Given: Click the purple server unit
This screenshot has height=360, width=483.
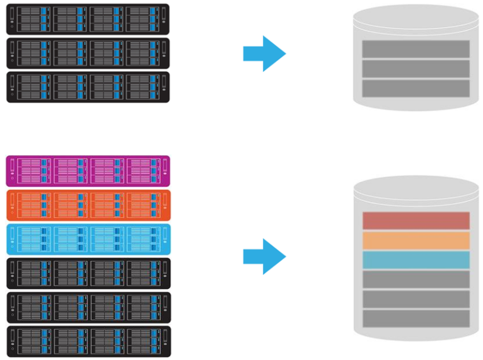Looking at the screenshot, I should pyautogui.click(x=88, y=171).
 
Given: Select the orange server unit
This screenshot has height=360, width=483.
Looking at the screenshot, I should pyautogui.click(x=88, y=205).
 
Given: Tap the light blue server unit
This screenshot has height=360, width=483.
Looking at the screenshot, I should pyautogui.click(x=88, y=239).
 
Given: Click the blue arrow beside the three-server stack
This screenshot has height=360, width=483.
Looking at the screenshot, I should pyautogui.click(x=264, y=54).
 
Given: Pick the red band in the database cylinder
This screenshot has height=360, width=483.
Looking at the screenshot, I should pyautogui.click(x=415, y=221).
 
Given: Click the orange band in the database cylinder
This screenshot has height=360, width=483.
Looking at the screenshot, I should pyautogui.click(x=415, y=240).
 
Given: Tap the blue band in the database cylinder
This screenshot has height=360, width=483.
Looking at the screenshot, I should pyautogui.click(x=415, y=260).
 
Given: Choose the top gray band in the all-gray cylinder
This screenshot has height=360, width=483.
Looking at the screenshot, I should pyautogui.click(x=415, y=49).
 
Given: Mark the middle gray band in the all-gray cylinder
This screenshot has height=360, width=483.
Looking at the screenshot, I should pyautogui.click(x=415, y=68).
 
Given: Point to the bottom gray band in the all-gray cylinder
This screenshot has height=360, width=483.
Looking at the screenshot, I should pyautogui.click(x=415, y=88).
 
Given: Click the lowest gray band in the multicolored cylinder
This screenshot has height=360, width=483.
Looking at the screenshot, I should pyautogui.click(x=415, y=318).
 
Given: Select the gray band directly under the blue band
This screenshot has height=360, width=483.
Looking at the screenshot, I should pyautogui.click(x=415, y=279).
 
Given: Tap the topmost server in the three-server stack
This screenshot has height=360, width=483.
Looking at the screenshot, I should pyautogui.click(x=88, y=19).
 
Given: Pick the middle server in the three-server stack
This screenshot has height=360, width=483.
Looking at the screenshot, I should pyautogui.click(x=88, y=53).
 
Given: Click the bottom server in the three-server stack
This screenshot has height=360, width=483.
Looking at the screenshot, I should pyautogui.click(x=88, y=87).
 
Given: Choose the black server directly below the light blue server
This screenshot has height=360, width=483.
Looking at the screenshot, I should pyautogui.click(x=88, y=273).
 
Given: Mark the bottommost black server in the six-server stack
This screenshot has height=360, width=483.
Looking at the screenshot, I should pyautogui.click(x=88, y=341).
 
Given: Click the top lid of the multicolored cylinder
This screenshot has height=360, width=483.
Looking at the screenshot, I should pyautogui.click(x=415, y=190).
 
